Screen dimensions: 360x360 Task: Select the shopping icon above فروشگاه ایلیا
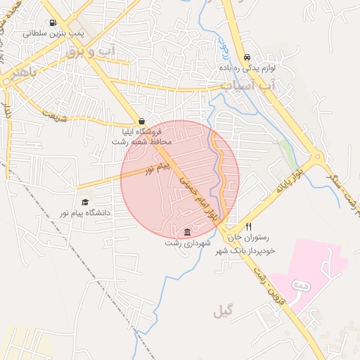pos(142,121)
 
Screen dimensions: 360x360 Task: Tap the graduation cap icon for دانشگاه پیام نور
pos(84,202)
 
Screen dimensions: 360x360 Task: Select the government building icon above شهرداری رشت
pos(187,233)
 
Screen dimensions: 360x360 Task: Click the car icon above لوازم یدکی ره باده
pos(246,57)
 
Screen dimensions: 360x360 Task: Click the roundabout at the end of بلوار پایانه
pos(318,159)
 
